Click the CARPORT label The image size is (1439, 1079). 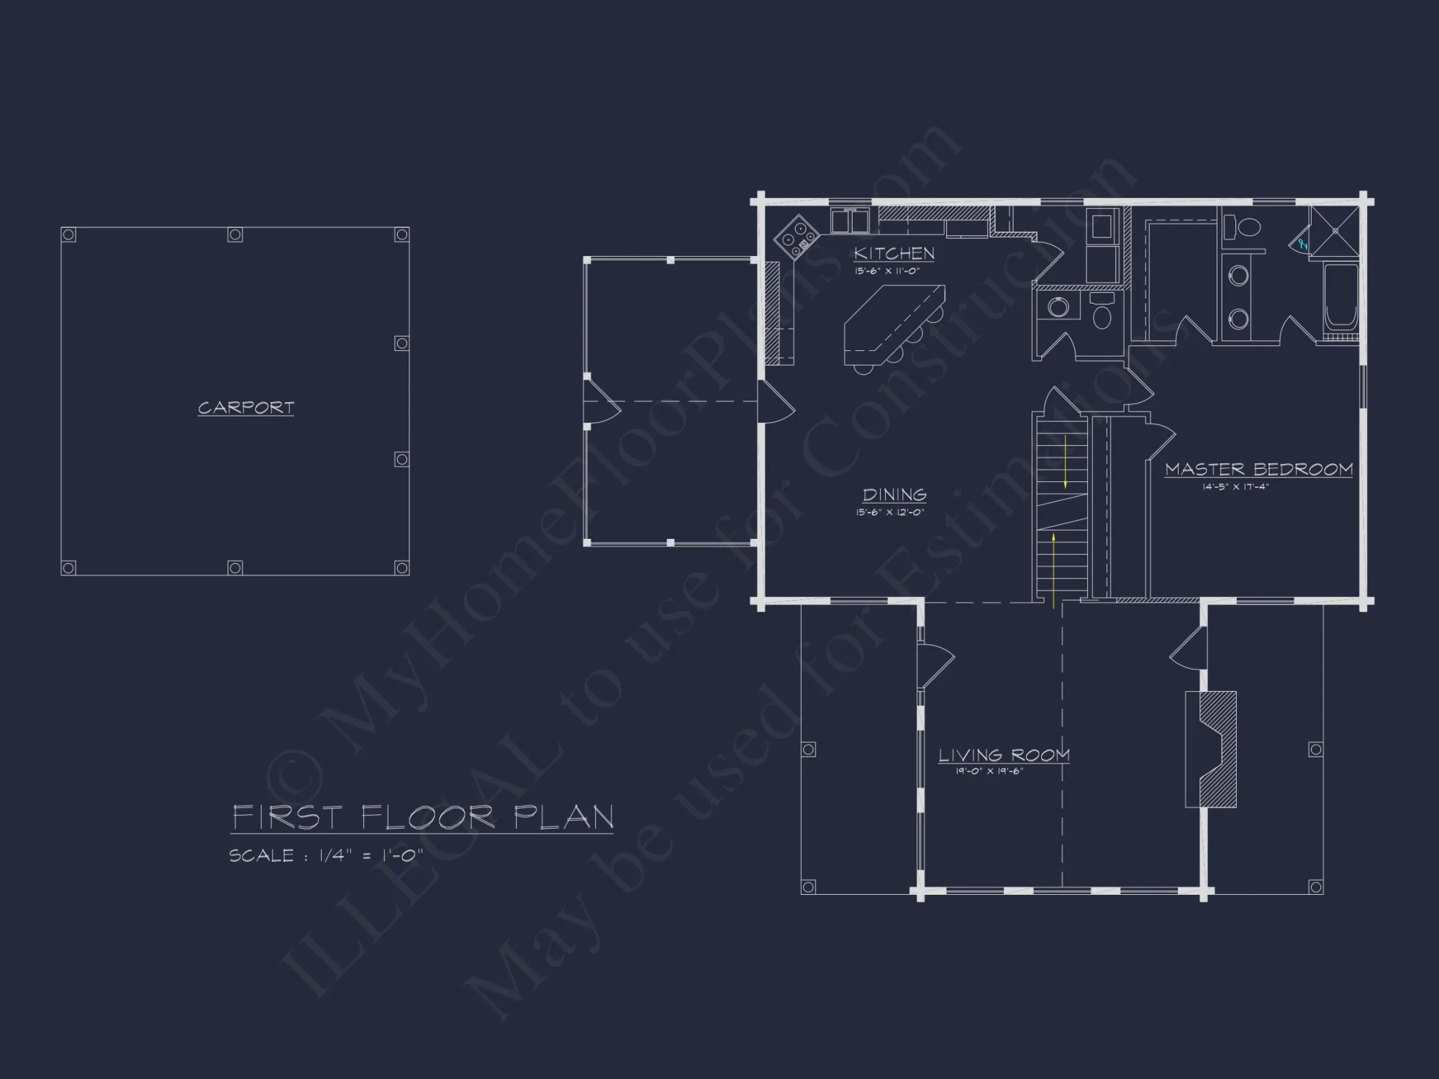246,408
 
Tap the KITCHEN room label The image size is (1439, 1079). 894,253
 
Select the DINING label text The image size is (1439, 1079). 894,495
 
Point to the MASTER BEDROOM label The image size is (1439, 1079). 1258,470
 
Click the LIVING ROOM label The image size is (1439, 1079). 1004,755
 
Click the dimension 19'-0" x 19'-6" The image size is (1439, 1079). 989,772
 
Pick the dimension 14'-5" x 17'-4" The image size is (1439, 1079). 1235,487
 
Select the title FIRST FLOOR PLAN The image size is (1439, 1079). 423,818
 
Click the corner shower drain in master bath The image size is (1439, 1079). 1335,231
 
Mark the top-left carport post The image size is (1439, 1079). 68,235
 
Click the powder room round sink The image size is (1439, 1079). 1058,308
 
